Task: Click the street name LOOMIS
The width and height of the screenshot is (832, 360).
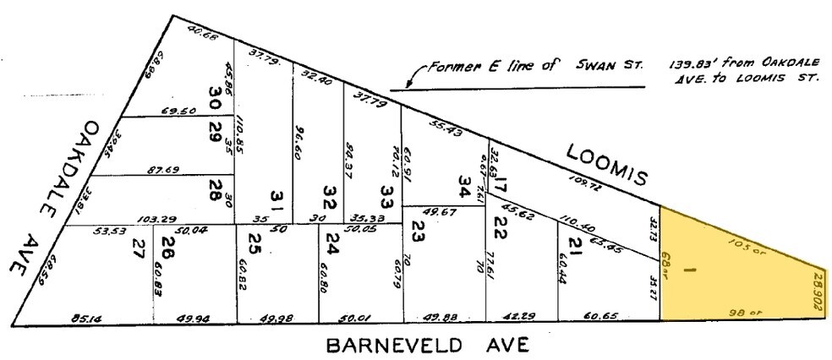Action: point(606,162)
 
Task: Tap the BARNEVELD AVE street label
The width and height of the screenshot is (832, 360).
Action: point(428,345)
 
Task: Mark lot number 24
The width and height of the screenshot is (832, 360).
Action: point(333,247)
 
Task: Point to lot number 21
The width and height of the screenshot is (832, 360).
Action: point(576,245)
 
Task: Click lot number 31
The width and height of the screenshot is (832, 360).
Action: point(275,199)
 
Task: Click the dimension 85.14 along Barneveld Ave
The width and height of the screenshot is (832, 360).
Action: point(83,319)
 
